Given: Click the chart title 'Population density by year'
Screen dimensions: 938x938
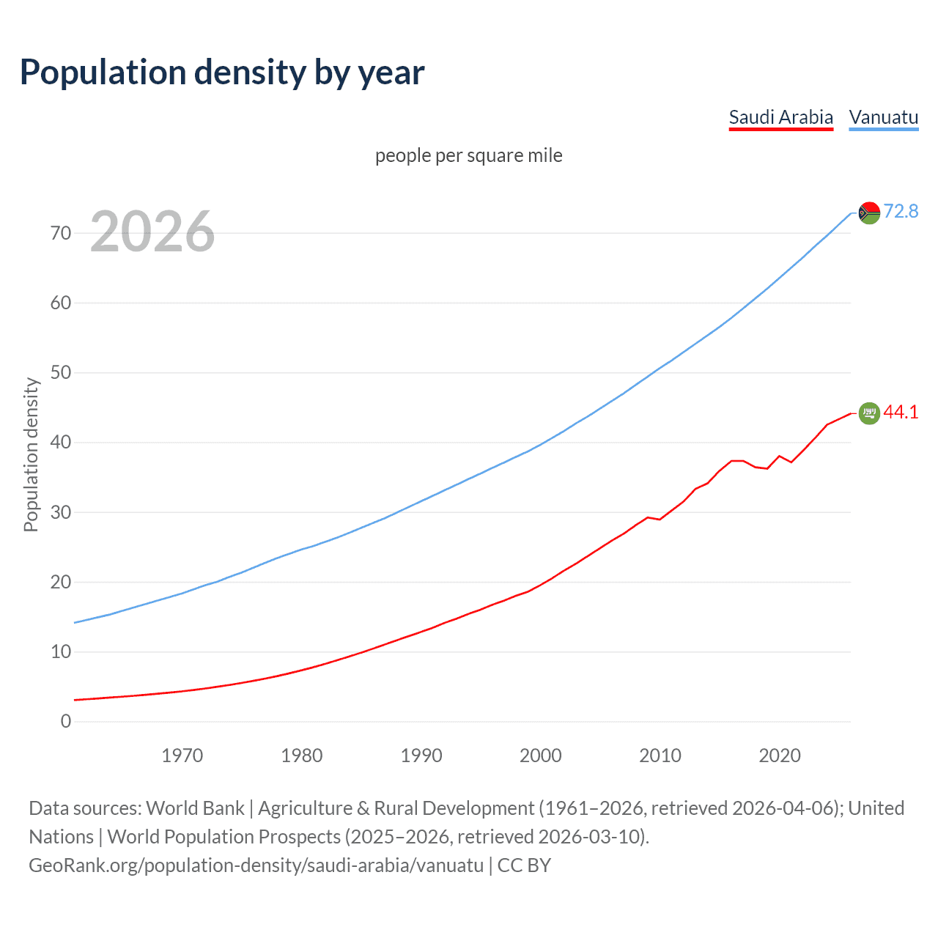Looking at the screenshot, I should click(222, 73).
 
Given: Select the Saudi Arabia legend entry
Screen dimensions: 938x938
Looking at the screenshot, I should click(780, 117).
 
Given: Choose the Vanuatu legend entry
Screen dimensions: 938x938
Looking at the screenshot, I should click(883, 117).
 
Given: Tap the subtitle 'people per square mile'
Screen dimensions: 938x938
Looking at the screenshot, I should click(468, 155).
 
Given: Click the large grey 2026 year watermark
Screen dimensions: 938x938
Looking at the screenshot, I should click(152, 232).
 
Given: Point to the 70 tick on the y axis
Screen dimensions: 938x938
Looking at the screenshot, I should click(61, 233).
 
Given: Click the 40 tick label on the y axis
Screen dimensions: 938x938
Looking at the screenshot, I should click(61, 443).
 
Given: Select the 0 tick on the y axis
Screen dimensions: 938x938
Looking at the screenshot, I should click(66, 721).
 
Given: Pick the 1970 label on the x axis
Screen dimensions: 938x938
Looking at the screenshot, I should click(182, 756).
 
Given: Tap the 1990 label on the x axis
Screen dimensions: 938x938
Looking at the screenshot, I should click(421, 756).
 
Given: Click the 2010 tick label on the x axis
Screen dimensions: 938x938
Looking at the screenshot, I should click(660, 756).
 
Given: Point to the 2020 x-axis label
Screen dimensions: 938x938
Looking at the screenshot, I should click(779, 756).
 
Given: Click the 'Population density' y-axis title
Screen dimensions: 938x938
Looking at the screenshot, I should click(31, 454).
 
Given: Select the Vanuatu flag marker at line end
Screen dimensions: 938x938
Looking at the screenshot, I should click(868, 213).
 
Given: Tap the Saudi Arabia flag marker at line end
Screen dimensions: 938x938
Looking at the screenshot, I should click(868, 413).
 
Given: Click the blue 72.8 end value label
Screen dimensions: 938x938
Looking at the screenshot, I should click(901, 211).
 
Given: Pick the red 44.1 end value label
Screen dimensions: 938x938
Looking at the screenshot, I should click(901, 412).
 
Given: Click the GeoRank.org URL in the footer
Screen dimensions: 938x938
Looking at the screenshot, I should click(256, 865).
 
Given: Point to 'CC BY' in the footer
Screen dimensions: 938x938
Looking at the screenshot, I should click(524, 865).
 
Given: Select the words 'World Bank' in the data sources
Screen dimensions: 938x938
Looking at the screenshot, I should click(195, 808).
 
